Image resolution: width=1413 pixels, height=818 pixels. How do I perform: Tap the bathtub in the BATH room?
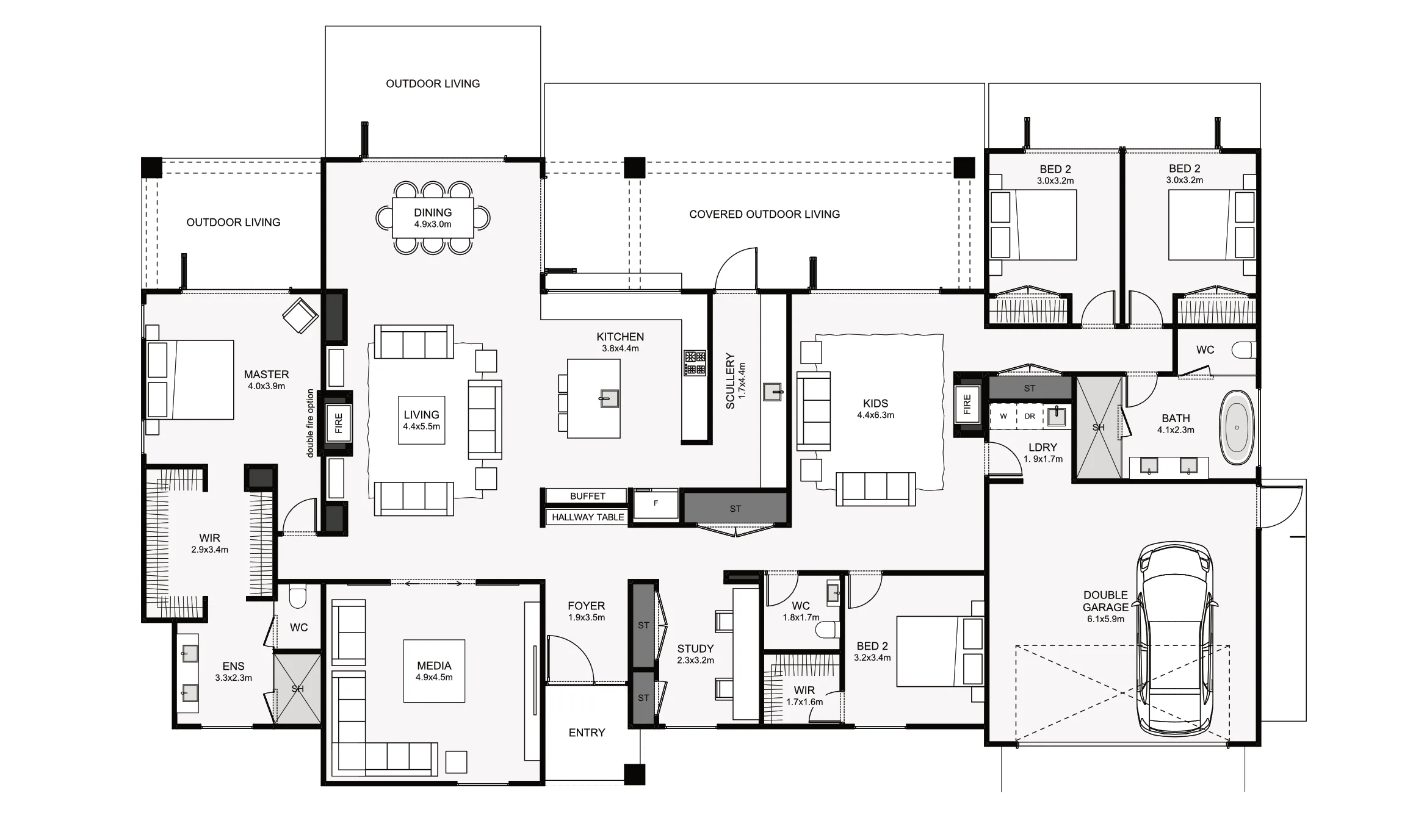click(x=1237, y=428)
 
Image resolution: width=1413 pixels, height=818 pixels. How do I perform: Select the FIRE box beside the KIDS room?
click(x=967, y=404)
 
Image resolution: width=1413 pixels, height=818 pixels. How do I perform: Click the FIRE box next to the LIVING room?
click(x=339, y=423)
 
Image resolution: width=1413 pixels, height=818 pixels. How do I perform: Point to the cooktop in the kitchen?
click(x=695, y=363)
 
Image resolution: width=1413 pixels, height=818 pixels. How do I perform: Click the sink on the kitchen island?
click(x=609, y=399)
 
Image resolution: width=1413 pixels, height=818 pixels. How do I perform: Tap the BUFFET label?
click(x=587, y=496)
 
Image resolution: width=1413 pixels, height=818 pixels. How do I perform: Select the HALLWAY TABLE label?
click(x=587, y=517)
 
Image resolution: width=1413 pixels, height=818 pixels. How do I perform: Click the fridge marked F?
click(x=656, y=504)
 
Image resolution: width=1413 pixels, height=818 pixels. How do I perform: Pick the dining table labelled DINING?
click(x=433, y=217)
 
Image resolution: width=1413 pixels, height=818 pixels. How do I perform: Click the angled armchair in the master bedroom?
click(x=300, y=315)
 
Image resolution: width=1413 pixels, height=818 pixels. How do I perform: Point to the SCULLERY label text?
click(x=730, y=381)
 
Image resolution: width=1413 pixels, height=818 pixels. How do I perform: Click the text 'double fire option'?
click(x=310, y=423)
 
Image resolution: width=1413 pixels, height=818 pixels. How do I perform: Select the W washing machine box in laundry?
click(x=1003, y=417)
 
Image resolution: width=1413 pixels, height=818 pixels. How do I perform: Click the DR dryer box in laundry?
click(x=1030, y=417)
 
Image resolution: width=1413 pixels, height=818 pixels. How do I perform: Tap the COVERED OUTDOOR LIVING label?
click(x=764, y=214)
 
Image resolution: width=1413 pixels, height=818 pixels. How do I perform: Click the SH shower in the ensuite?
click(x=297, y=689)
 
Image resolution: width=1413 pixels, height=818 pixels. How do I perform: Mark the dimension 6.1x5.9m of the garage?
click(x=1105, y=619)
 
